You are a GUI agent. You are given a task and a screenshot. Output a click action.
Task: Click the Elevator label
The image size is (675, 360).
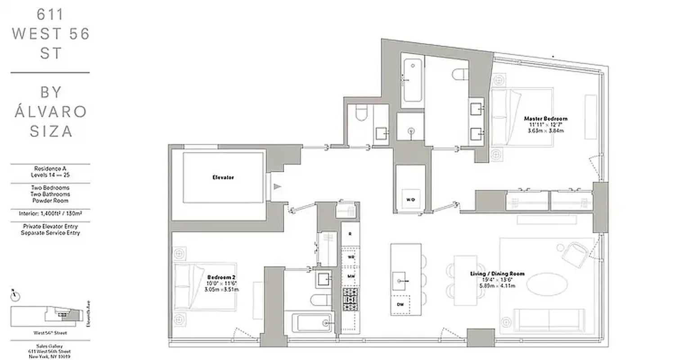click(x=223, y=177)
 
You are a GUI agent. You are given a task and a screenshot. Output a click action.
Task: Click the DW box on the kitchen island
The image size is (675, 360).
click(x=400, y=304)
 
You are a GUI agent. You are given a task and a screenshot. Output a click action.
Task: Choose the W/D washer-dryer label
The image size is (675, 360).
click(x=410, y=199)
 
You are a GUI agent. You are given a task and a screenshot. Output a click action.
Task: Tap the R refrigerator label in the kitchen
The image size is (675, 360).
click(x=350, y=234)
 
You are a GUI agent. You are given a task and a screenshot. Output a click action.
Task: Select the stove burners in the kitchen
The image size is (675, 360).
click(x=350, y=299)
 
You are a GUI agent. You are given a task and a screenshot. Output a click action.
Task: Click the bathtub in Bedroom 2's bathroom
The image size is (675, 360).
click(x=312, y=323)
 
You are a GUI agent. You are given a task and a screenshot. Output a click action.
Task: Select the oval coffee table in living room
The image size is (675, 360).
click(x=547, y=284)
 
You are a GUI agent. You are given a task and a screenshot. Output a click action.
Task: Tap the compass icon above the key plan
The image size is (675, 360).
click(x=15, y=295)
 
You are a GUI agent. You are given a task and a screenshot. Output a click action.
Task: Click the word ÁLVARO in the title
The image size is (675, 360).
click(x=50, y=111)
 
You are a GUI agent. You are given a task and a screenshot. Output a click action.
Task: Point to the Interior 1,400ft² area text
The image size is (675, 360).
click(x=50, y=214)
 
